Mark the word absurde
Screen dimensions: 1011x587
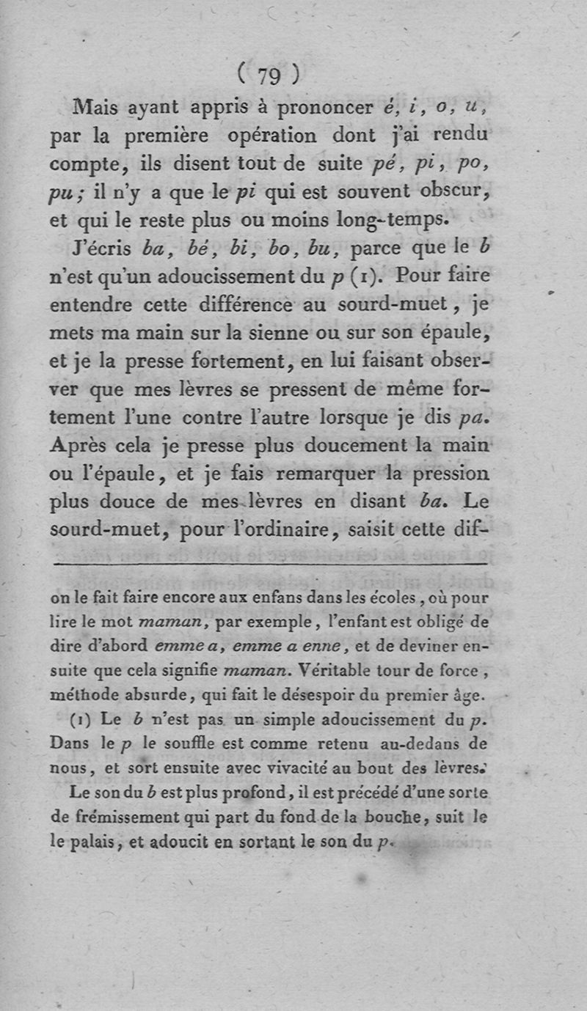point(162,693)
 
